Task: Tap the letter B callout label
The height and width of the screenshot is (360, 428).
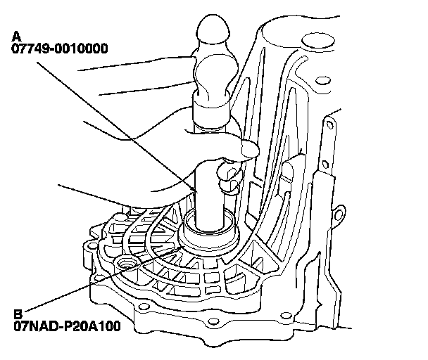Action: click(16, 314)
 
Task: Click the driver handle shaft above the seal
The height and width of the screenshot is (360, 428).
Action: click(208, 197)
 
